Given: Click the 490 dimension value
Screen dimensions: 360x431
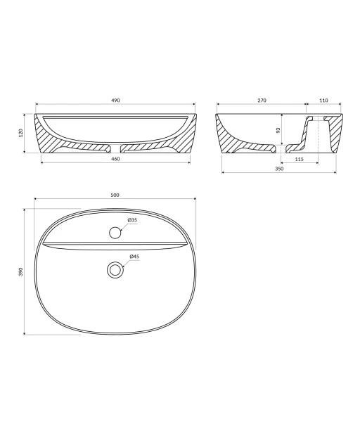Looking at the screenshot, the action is tap(115, 101).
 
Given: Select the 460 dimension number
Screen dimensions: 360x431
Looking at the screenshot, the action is tap(115, 159).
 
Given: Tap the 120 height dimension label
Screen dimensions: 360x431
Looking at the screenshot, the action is tap(21, 133).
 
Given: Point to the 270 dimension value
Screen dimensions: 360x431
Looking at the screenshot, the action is tap(262, 101).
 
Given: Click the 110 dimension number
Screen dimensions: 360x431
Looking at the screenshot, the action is tap(323, 101).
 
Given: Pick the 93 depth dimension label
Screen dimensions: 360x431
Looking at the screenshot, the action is tap(278, 129).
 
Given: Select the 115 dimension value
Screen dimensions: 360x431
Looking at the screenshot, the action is tap(300, 159).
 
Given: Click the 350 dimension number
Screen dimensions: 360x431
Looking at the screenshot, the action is tap(279, 169).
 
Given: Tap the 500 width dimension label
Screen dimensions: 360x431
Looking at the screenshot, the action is tap(115, 195).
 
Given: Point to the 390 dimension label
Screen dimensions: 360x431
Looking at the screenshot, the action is tap(21, 271).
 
